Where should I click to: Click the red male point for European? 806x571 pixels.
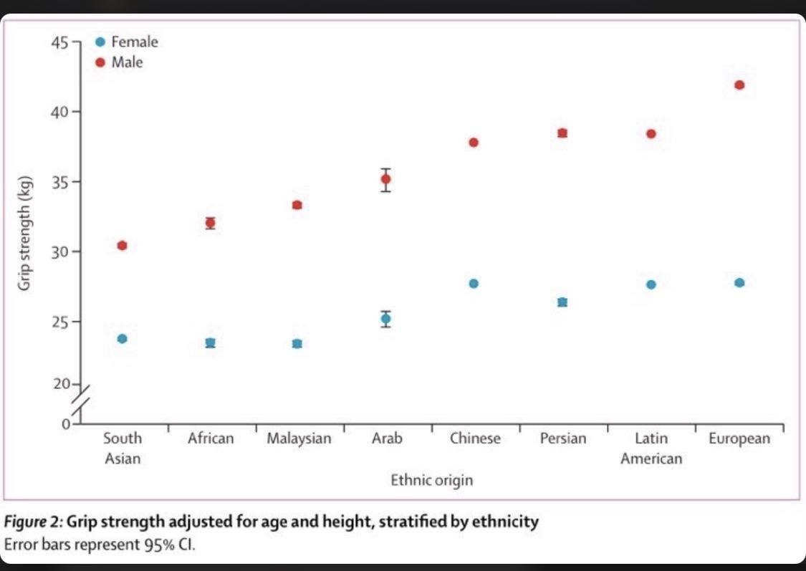[739, 85]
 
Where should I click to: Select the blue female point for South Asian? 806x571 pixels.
[122, 339]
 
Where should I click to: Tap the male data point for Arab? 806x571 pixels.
[385, 179]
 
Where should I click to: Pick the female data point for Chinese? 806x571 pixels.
[474, 284]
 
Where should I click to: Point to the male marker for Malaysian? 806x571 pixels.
[297, 205]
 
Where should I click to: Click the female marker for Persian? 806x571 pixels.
[562, 302]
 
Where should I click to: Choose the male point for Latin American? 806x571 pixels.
[651, 134]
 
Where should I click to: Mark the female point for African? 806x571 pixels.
[210, 342]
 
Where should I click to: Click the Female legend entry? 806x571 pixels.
[127, 42]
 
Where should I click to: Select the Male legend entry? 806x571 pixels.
[119, 62]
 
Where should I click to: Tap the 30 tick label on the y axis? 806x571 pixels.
[59, 252]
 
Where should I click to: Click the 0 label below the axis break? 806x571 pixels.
[66, 424]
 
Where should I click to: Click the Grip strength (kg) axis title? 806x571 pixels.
[24, 234]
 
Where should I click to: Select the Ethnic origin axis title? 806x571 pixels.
[432, 480]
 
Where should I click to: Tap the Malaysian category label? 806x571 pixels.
[299, 438]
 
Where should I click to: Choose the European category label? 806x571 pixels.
[739, 438]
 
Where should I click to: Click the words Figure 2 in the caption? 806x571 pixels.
[32, 522]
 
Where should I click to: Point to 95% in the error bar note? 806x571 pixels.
[159, 544]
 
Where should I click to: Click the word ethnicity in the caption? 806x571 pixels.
[505, 522]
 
